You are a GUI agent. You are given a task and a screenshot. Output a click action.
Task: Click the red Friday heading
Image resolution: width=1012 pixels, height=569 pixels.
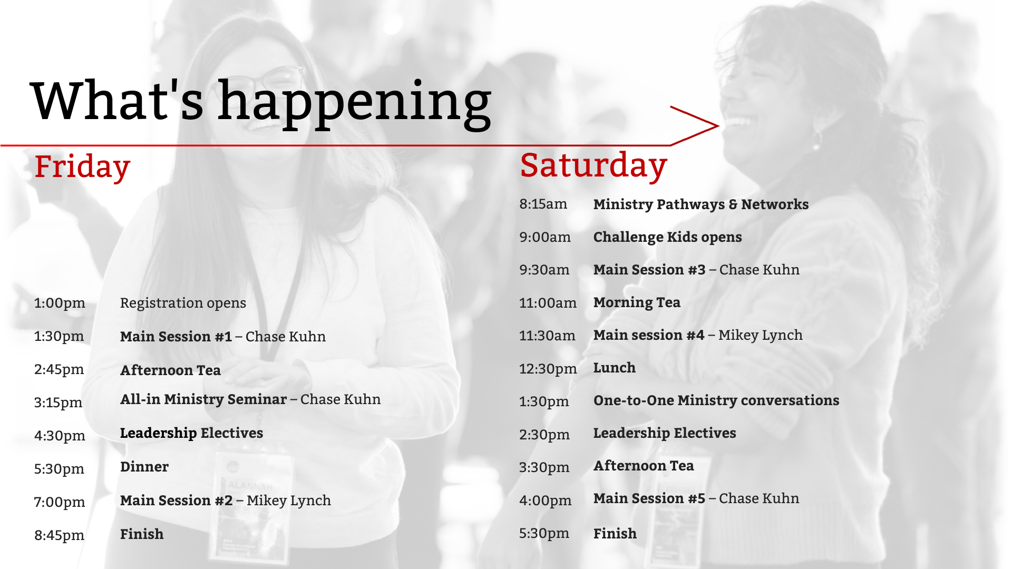pyautogui.click(x=82, y=167)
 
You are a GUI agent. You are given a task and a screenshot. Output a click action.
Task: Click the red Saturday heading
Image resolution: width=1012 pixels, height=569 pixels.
pyautogui.click(x=593, y=166)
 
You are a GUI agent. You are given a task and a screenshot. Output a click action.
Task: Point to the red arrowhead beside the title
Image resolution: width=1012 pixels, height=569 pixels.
pyautogui.click(x=695, y=125)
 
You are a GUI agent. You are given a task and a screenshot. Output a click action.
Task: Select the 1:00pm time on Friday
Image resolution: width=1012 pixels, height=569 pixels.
pyautogui.click(x=60, y=303)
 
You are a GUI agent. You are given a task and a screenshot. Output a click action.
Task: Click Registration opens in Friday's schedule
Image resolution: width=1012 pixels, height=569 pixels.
pyautogui.click(x=183, y=303)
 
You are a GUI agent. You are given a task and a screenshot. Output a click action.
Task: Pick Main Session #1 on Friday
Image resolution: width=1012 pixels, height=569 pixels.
pyautogui.click(x=176, y=337)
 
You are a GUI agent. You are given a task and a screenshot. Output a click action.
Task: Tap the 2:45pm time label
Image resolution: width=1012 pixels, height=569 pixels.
pyautogui.click(x=59, y=370)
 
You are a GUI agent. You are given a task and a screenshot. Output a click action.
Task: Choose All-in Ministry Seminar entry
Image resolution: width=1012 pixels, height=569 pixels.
pyautogui.click(x=203, y=399)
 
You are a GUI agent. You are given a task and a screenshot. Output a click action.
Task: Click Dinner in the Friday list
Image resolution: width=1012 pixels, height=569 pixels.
pyautogui.click(x=144, y=467)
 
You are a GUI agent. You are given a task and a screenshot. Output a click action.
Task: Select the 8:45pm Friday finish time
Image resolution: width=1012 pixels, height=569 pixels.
pyautogui.click(x=59, y=536)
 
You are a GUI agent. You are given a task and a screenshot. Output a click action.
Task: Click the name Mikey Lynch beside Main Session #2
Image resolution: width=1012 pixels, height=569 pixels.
pyautogui.click(x=289, y=501)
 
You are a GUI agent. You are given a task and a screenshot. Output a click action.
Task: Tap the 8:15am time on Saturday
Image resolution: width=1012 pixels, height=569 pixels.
pyautogui.click(x=543, y=204)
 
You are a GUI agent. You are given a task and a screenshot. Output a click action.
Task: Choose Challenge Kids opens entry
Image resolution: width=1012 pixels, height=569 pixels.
pyautogui.click(x=667, y=238)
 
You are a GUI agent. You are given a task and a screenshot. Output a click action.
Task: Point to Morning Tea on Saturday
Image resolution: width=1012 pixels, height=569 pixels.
pyautogui.click(x=637, y=303)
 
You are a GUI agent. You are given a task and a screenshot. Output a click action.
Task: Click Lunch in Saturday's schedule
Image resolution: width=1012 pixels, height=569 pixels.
pyautogui.click(x=615, y=368)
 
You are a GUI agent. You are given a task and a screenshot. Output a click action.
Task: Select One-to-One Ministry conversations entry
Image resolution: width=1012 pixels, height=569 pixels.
pyautogui.click(x=716, y=401)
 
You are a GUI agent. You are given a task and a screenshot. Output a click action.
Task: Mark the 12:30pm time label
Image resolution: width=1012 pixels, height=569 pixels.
pyautogui.click(x=548, y=369)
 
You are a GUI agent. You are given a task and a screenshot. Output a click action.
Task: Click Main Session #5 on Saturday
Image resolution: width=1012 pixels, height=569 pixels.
pyautogui.click(x=649, y=498)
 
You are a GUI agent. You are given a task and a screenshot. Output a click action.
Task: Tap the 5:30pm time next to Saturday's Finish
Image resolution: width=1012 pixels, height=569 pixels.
pyautogui.click(x=544, y=534)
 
